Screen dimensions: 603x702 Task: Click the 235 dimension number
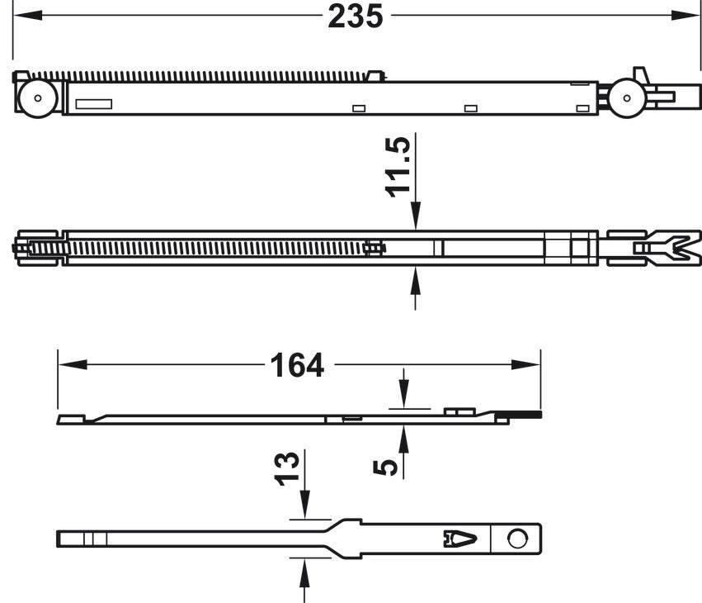356,17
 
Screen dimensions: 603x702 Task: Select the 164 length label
298,365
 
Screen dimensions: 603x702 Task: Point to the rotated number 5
386,468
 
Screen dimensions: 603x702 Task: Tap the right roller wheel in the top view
626,98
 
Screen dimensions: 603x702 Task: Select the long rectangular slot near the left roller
93,104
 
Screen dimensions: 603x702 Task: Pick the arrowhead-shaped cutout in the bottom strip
459,539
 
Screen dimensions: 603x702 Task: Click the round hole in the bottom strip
517,539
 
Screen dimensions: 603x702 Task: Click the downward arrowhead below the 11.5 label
415,218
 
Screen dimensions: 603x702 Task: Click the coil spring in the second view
214,248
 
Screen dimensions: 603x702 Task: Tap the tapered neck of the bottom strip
330,539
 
